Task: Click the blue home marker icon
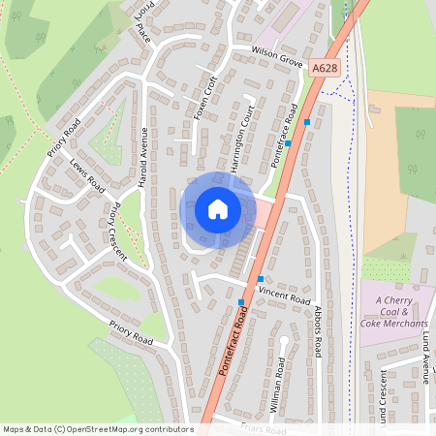click(217, 208)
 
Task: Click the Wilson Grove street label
click(277, 54)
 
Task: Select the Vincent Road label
click(284, 294)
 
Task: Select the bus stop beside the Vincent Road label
click(260, 279)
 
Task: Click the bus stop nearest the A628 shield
click(307, 122)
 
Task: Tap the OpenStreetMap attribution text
click(98, 429)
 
